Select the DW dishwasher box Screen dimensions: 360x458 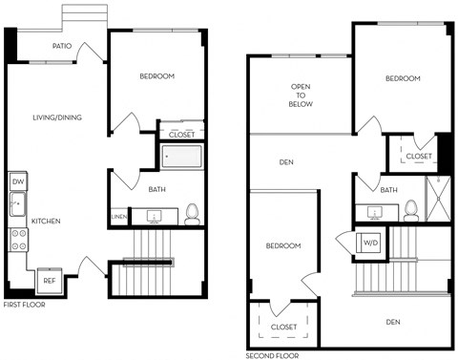tap(17, 180)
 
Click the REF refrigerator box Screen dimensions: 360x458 tap(48, 282)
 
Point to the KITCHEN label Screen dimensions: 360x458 tap(46, 222)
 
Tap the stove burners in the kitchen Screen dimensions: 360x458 tap(17, 241)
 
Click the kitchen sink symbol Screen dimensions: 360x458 tap(17, 203)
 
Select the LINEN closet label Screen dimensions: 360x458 tap(118, 218)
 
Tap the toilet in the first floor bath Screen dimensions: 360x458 tap(191, 213)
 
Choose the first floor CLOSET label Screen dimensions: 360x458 tap(181, 135)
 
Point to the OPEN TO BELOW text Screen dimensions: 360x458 tap(302, 97)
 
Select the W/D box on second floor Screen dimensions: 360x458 tap(369, 244)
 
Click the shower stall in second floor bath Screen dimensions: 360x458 tap(438, 198)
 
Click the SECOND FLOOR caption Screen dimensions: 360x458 tap(272, 354)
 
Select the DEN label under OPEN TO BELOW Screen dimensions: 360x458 tap(285, 162)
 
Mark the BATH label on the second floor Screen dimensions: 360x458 tap(388, 190)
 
